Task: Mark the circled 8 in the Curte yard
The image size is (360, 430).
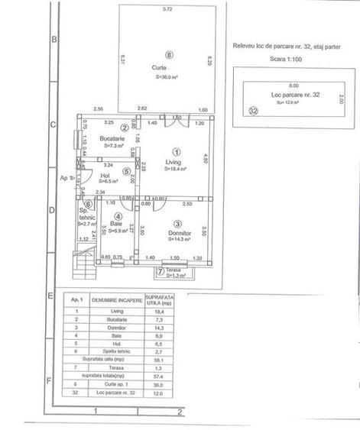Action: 169,54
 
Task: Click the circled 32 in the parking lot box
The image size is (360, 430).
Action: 254,110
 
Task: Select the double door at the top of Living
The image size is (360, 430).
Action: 177,117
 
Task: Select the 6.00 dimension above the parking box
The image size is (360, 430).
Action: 294,86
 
